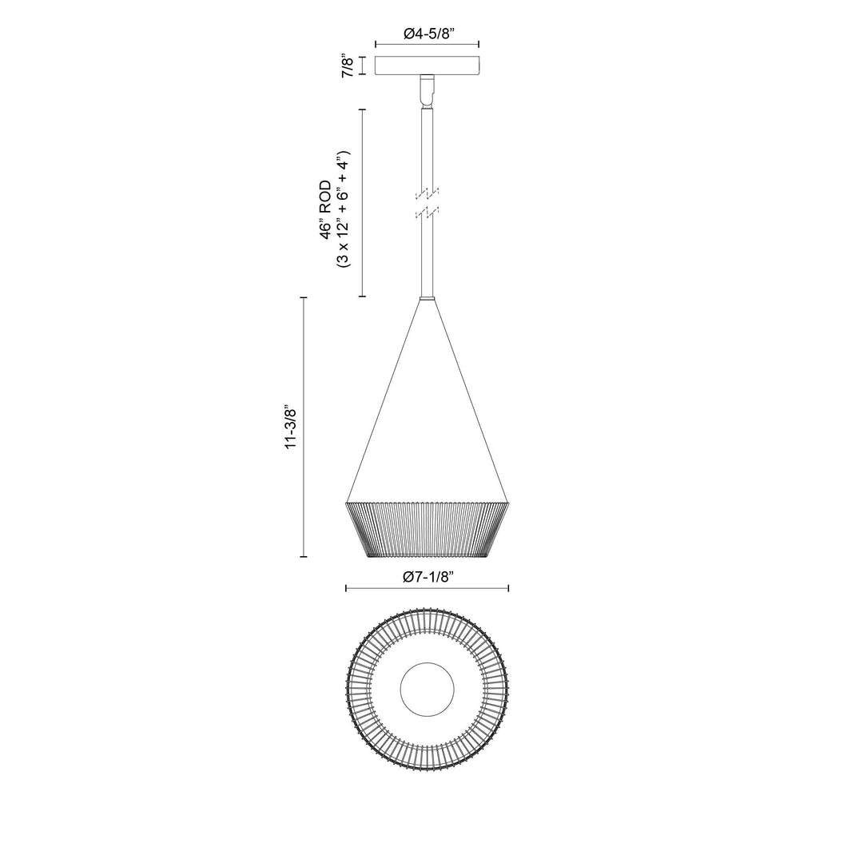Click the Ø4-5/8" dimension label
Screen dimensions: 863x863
click(427, 34)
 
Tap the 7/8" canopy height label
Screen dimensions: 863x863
click(348, 66)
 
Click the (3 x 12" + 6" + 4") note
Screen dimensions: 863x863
click(344, 208)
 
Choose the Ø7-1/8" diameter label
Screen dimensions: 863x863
click(428, 577)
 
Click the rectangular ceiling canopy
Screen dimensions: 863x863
click(427, 66)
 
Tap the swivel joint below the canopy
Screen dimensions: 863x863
click(428, 89)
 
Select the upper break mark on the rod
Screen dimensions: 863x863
click(428, 193)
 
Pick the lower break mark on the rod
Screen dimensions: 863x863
click(428, 213)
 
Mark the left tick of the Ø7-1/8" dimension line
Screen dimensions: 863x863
click(346, 589)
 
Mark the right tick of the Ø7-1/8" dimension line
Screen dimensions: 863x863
click(509, 589)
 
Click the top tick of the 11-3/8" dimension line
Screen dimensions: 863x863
click(304, 297)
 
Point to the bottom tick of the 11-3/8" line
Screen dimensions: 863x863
click(304, 556)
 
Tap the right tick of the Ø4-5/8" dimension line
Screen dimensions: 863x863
click(479, 45)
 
